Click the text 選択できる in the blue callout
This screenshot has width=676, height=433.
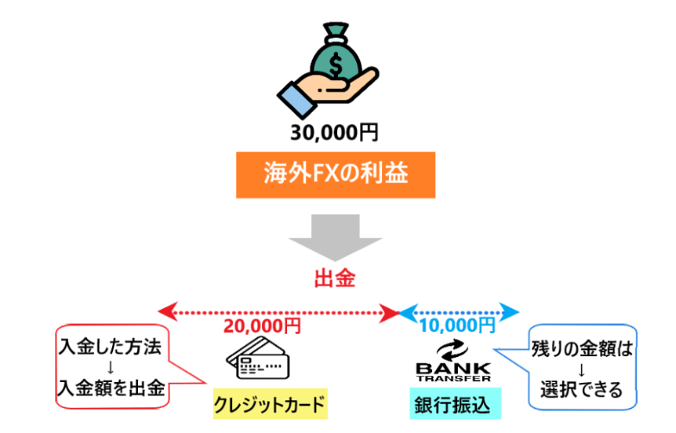point(584,390)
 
